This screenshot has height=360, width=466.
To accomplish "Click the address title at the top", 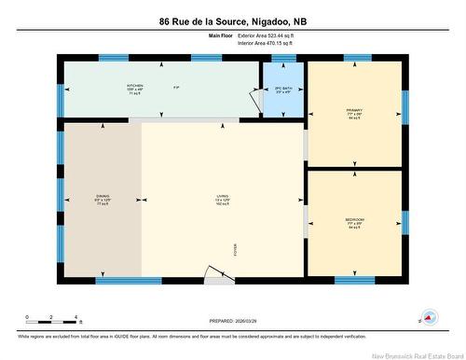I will pyautogui.click(x=232, y=21).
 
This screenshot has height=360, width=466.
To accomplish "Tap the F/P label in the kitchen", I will pyautogui.click(x=176, y=88).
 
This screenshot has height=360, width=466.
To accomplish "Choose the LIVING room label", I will pyautogui.click(x=223, y=198).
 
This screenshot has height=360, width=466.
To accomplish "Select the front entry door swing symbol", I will pyautogui.click(x=216, y=272).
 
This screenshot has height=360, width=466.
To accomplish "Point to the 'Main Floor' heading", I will pyautogui.click(x=220, y=36).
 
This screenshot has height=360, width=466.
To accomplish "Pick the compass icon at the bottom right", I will pyautogui.click(x=430, y=317).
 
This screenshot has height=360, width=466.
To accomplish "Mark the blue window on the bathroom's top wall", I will pyautogui.click(x=283, y=58).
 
